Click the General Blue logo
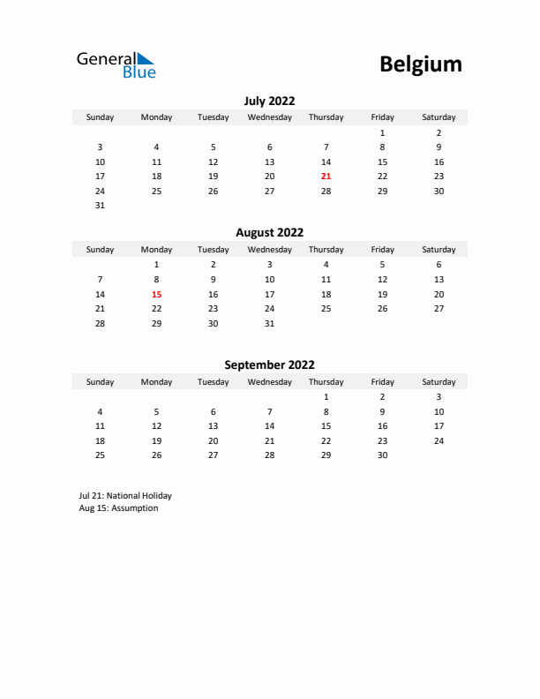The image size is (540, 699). [116, 64]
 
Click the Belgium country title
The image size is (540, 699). [420, 64]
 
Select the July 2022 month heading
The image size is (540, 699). [269, 101]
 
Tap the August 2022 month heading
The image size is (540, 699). [269, 233]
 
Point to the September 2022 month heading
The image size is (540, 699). [269, 365]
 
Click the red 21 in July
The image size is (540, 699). [326, 177]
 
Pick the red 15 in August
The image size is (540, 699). [157, 294]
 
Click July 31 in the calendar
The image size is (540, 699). [100, 206]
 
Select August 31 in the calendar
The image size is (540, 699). [270, 324]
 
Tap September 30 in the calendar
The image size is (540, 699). [382, 455]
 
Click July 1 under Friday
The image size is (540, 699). [382, 132]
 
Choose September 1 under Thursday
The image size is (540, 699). [326, 396]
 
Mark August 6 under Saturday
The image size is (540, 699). [439, 264]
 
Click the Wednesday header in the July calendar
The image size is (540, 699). [270, 117]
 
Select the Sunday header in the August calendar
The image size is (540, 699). [100, 250]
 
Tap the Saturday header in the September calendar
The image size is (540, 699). [439, 382]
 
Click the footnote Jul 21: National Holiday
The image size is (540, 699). [125, 496]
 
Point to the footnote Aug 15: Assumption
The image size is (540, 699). [118, 508]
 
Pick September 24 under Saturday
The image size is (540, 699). [439, 440]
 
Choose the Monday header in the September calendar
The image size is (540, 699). [157, 382]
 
